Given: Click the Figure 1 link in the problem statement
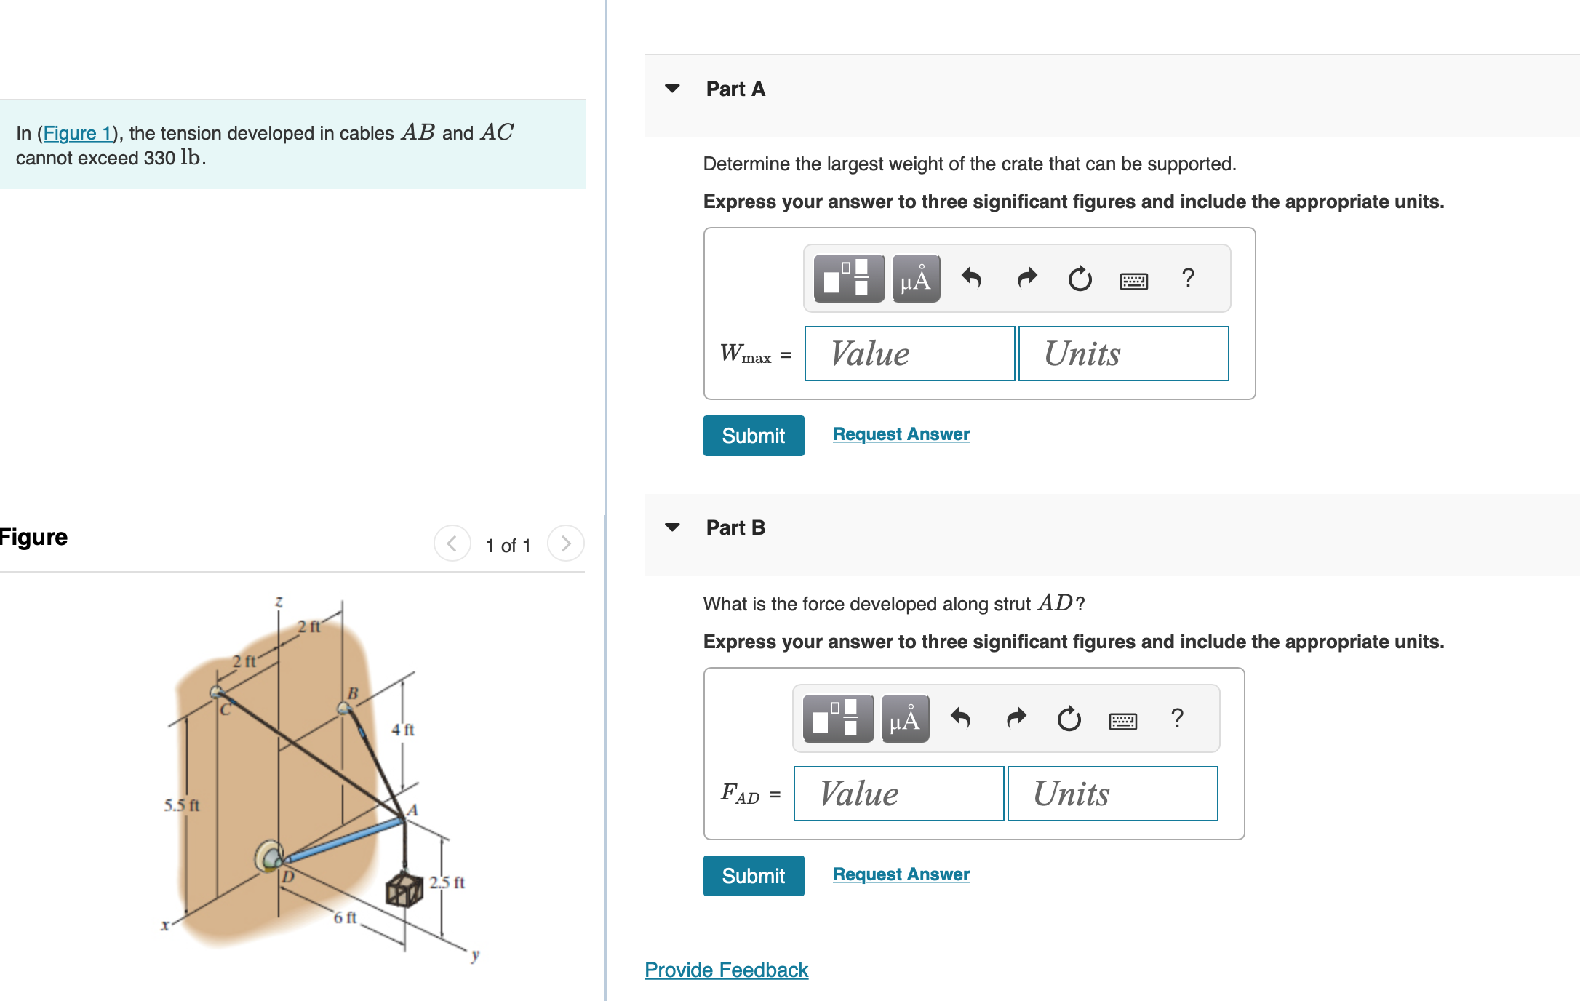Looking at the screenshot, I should tap(77, 133).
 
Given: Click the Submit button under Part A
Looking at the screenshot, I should tap(753, 436).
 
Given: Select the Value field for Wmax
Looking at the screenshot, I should tap(909, 354).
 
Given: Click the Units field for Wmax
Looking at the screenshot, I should tap(1123, 354).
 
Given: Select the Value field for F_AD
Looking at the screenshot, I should tap(898, 794).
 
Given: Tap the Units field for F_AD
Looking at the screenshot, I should tap(1112, 794).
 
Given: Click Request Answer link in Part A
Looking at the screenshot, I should tap(901, 434).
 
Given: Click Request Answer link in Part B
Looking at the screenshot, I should tap(901, 874).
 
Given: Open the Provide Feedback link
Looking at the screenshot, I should tap(726, 970).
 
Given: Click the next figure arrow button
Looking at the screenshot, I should tap(565, 543).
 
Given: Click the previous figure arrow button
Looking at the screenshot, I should tap(452, 543).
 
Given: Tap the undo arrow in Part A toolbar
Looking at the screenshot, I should tap(971, 278).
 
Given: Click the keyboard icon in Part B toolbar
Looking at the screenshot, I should tap(1122, 720).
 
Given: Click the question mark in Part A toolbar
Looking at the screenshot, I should tap(1188, 278).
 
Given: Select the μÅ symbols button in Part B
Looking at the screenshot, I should tap(905, 719).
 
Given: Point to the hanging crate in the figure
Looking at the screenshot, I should tap(404, 889).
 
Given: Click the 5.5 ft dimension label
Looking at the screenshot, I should tap(181, 805).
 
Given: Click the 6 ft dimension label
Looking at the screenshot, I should tap(345, 917).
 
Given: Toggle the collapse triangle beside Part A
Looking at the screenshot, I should tap(672, 89).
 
